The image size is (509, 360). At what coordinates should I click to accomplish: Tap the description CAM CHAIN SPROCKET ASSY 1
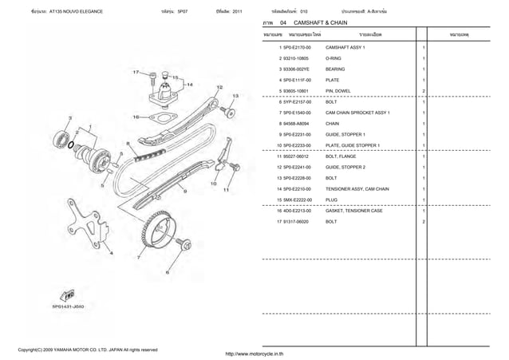pos(357,113)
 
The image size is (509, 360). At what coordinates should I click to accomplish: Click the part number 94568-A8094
pos(294,124)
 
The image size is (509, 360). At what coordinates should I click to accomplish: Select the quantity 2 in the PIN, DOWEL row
pos(423,92)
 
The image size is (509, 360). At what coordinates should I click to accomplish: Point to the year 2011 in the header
pos(238,12)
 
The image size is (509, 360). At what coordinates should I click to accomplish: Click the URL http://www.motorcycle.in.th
pos(254,353)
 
